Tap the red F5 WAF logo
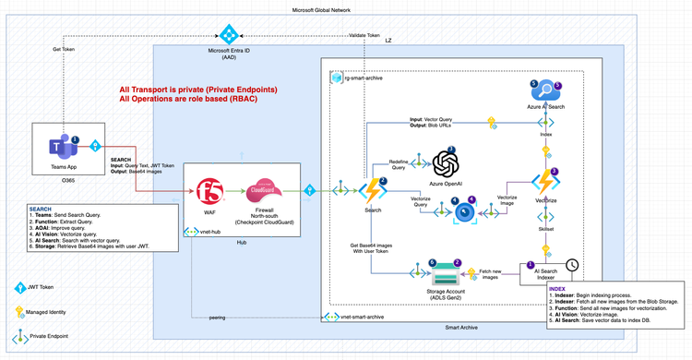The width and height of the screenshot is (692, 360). (209, 191)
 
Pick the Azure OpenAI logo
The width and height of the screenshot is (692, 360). (446, 164)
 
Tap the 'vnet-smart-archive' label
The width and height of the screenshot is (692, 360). (363, 317)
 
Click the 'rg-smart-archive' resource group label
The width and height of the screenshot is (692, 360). (363, 78)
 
